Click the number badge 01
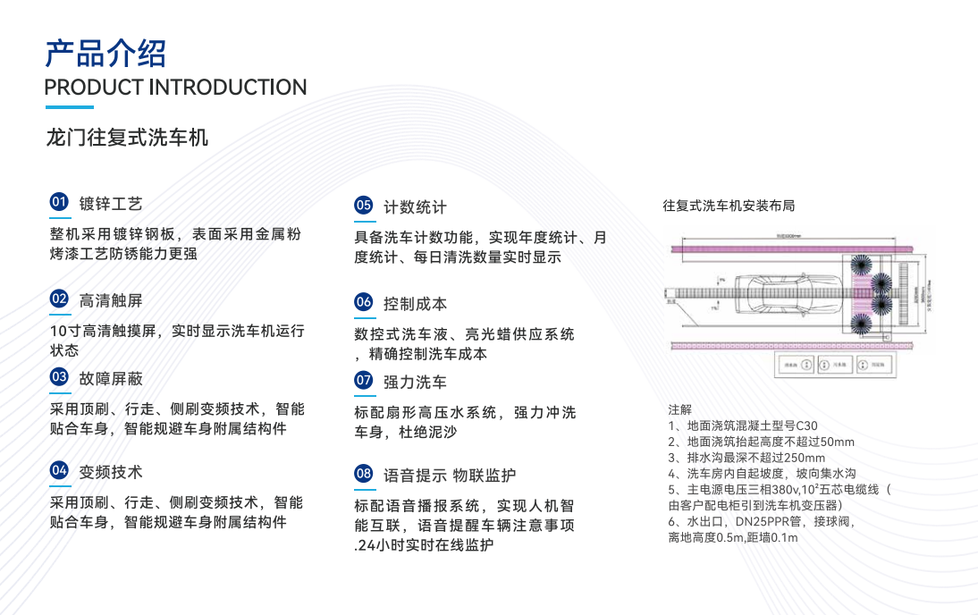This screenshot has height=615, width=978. [x=59, y=202]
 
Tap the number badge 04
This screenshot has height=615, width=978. [x=59, y=470]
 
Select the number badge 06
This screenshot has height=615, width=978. [x=363, y=302]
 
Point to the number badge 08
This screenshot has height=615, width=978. [x=363, y=473]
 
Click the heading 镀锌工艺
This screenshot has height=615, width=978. [x=111, y=204]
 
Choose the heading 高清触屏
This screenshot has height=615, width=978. [x=111, y=300]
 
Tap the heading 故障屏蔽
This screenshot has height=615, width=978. [x=111, y=378]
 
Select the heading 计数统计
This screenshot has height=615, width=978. [x=415, y=206]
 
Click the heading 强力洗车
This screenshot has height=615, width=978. [x=415, y=382]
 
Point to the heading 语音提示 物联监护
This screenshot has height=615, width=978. [x=450, y=475]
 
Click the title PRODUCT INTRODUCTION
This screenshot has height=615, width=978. [x=175, y=88]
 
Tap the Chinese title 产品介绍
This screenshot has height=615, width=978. [x=105, y=53]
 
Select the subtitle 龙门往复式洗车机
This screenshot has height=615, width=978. [x=127, y=138]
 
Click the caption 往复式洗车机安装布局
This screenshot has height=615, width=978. [x=729, y=206]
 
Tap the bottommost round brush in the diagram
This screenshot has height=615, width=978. [x=861, y=323]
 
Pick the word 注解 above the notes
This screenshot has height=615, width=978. [x=679, y=409]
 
